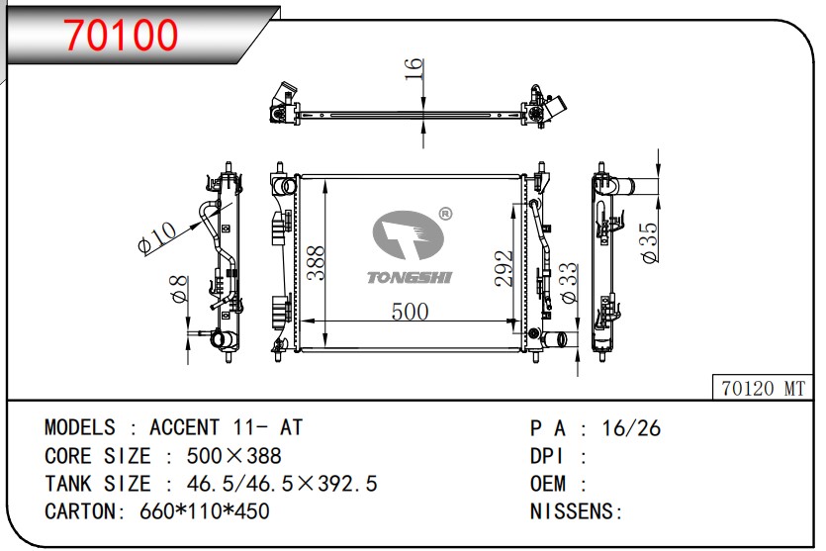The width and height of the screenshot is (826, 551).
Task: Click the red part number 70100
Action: coord(121,35)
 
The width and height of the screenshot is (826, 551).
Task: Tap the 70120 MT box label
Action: coord(764,388)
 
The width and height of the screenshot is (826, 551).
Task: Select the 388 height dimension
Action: coord(317,263)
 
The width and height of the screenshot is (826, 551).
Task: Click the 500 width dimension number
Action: coord(410,312)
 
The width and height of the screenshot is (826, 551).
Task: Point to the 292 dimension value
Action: coord(504,268)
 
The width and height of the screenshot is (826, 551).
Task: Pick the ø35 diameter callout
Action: coord(649,242)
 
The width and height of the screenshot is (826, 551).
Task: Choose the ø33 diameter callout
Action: coord(569,283)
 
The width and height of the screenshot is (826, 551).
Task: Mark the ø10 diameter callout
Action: coord(157,237)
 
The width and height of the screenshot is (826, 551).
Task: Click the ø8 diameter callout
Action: coord(179,289)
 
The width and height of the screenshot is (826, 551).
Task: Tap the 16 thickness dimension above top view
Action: coord(414,69)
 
